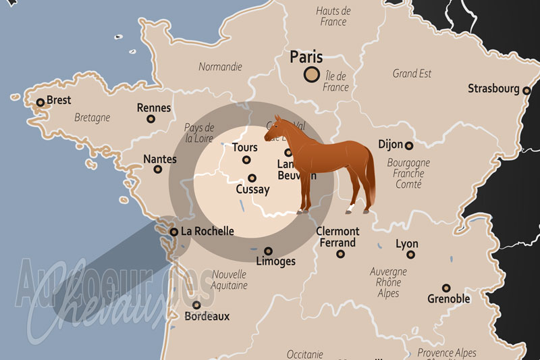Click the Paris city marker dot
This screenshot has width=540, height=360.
(311, 74)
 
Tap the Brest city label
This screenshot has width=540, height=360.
(59, 100)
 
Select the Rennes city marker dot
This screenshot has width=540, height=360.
(151, 119)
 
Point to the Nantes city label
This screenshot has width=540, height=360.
(160, 159)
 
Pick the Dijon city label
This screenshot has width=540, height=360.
(391, 145)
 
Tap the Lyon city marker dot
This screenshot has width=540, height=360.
(410, 255)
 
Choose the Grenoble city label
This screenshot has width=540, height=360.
(449, 299)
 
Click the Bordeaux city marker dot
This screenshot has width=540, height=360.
(196, 305)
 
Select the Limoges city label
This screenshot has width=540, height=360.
(277, 261)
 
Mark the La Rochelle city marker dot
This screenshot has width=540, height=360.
(174, 232)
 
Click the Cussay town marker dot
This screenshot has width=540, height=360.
(252, 178)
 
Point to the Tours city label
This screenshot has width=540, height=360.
(244, 147)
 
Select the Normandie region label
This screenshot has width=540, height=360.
(220, 67)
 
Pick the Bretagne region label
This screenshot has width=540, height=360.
(92, 118)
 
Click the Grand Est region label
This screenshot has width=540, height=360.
(412, 74)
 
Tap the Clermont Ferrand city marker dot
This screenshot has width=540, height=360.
(341, 254)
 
